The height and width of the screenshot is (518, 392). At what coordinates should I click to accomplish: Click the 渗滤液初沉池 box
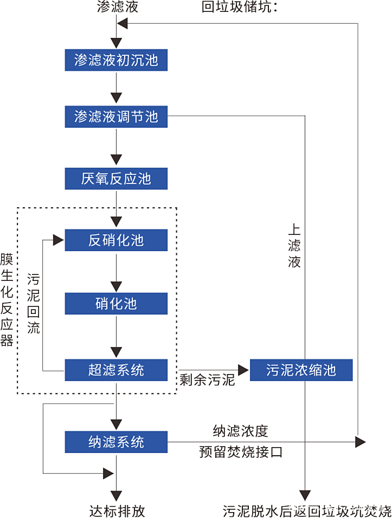[116, 60]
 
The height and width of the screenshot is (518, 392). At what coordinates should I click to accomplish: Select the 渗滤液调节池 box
[116, 116]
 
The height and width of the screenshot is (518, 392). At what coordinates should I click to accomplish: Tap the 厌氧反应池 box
[116, 178]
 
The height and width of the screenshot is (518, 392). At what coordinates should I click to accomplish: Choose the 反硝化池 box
[116, 240]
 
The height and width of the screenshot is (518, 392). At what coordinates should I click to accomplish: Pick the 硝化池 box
[116, 304]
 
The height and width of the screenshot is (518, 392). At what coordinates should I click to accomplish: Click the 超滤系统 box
[116, 370]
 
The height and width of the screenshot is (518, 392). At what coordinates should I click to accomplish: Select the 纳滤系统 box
[116, 442]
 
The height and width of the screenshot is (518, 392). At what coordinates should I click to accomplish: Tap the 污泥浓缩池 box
[301, 370]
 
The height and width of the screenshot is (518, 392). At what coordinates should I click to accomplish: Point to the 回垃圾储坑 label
[239, 7]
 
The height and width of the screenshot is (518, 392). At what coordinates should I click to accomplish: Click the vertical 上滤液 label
[294, 246]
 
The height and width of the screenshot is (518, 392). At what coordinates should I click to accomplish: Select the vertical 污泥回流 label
[34, 304]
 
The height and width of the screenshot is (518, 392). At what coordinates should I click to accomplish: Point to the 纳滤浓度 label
[241, 431]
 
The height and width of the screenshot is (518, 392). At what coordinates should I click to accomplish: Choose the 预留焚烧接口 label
[241, 452]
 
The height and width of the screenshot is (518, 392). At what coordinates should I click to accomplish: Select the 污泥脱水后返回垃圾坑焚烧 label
[307, 510]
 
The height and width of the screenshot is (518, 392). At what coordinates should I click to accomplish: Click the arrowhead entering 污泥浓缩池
[242, 370]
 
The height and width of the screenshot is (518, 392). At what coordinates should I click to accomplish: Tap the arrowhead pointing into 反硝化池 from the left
[59, 240]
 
